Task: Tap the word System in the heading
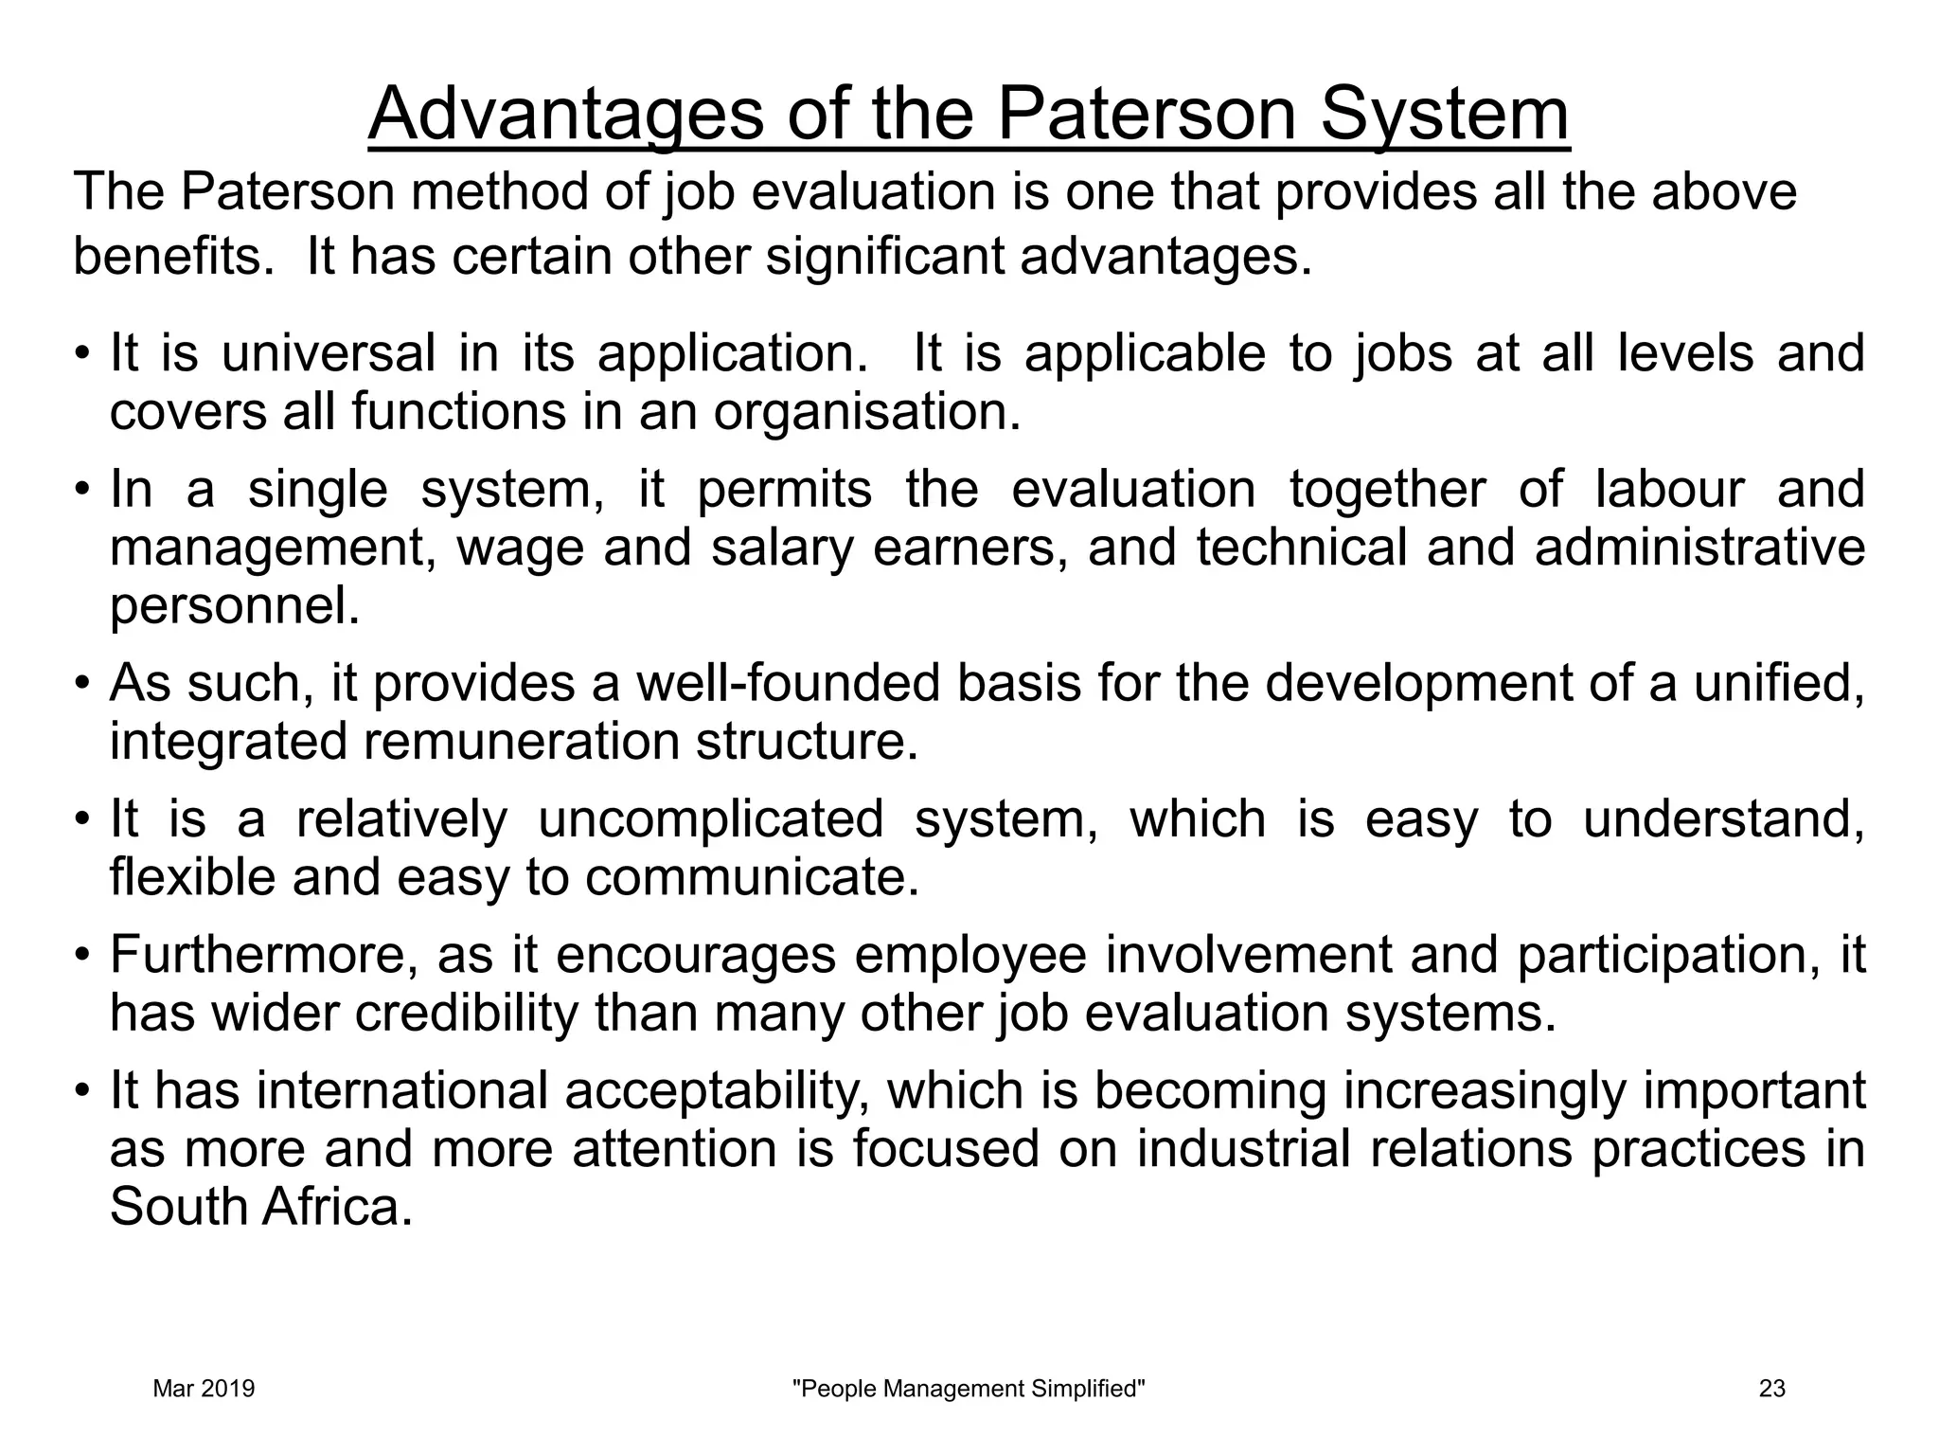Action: (x=1445, y=115)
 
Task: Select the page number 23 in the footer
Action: (x=1771, y=1389)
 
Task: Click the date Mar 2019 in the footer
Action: (x=204, y=1389)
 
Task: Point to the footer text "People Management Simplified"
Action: (x=969, y=1389)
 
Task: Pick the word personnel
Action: (x=234, y=606)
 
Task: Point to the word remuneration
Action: (x=522, y=742)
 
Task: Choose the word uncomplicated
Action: (x=710, y=819)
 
